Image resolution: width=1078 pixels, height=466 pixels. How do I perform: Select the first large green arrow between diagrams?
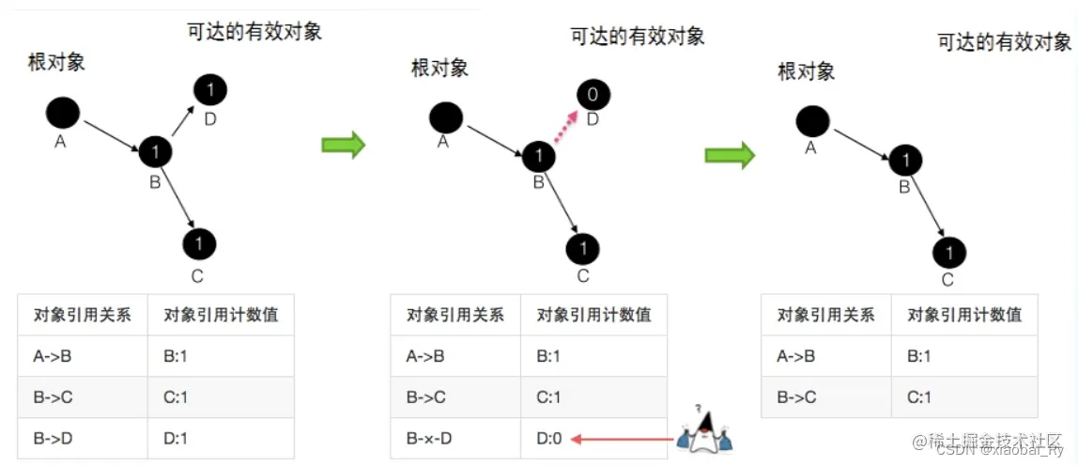point(343,145)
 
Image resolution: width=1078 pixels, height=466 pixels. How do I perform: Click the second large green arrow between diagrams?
point(731,154)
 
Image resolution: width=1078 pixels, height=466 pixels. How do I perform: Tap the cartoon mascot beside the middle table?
point(704,428)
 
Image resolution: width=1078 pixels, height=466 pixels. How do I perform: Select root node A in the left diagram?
point(63,114)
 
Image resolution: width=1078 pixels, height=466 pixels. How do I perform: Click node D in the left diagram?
point(210,90)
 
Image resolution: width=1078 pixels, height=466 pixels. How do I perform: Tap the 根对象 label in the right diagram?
point(806,70)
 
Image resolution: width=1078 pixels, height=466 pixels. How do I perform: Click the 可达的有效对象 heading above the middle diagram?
point(638,36)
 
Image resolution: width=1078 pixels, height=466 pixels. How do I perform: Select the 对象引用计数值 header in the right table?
point(964,316)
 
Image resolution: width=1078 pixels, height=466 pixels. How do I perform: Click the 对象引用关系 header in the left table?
point(81,316)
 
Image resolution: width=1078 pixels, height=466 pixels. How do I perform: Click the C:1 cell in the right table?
point(919,397)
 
